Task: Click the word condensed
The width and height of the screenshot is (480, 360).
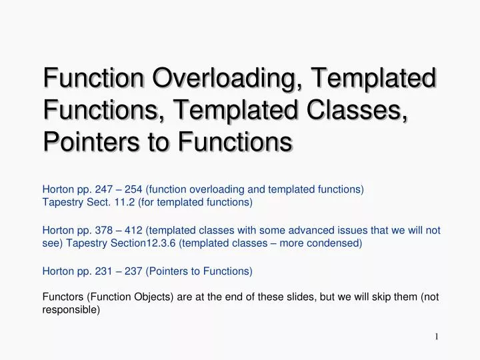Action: [x=337, y=243]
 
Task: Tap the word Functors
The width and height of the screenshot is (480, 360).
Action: [x=62, y=297]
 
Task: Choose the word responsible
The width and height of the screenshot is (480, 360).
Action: [x=71, y=310]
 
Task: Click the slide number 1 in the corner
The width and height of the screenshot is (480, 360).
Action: [x=436, y=336]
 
